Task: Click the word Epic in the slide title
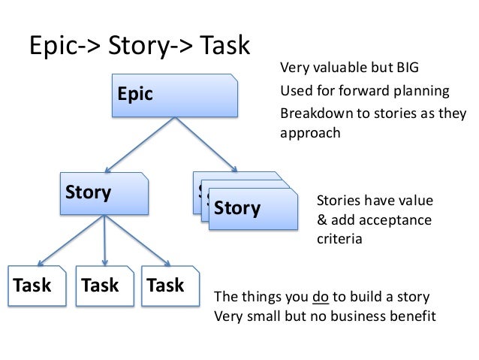coord(55,47)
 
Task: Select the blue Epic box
coord(176,95)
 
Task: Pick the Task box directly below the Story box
coord(104,286)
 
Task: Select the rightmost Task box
coord(170,286)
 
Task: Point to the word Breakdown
coord(313,114)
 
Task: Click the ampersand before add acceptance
coord(321,220)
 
